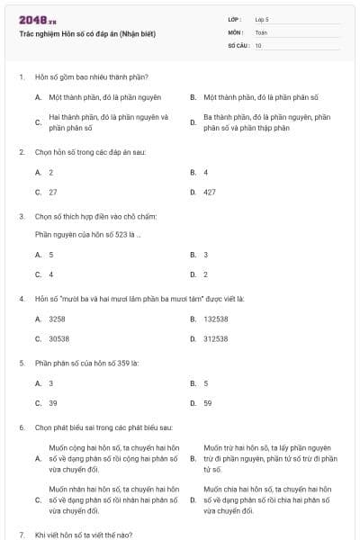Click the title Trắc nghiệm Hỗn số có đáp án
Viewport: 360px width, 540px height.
coord(87,33)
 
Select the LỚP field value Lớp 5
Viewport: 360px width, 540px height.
coord(262,19)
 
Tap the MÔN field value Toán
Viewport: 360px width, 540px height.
coord(261,31)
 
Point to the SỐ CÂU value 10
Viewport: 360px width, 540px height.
coord(258,44)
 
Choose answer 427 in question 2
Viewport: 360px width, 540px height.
coord(210,192)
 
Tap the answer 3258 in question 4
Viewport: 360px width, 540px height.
coord(57,319)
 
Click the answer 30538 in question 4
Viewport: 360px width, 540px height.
coord(58,338)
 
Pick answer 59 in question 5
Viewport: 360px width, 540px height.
coord(207,402)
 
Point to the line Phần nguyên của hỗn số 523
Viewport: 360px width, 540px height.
coord(87,234)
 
